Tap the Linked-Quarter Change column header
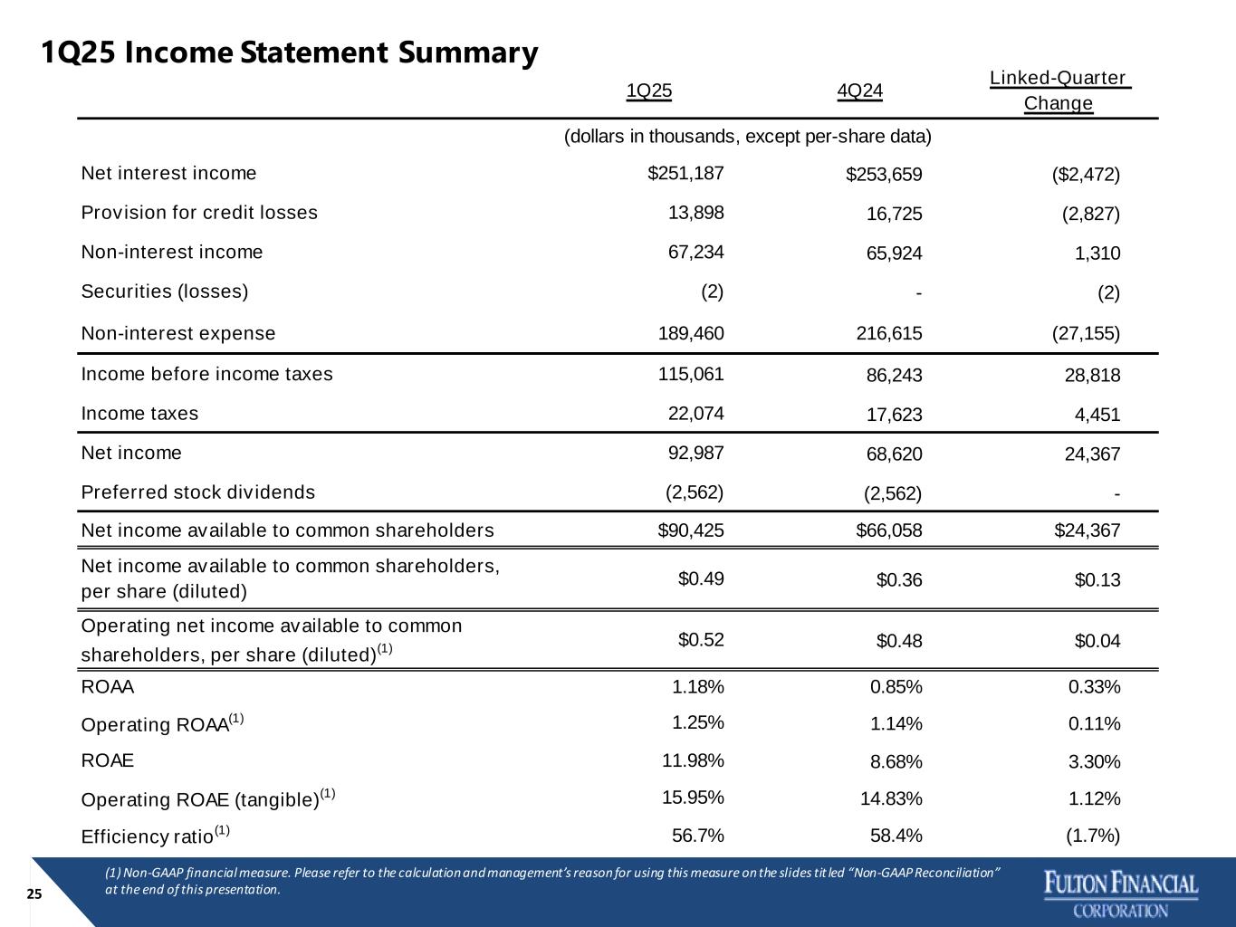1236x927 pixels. click(x=1059, y=91)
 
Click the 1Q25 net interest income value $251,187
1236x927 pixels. click(x=685, y=173)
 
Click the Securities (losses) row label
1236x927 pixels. click(x=165, y=291)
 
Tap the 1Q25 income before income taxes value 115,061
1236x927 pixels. click(x=691, y=373)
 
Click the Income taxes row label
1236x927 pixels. click(x=139, y=414)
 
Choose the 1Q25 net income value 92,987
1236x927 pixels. click(x=695, y=453)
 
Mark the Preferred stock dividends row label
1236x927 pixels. click(x=198, y=492)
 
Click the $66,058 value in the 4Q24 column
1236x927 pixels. click(x=889, y=530)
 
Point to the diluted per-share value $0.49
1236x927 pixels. click(x=701, y=578)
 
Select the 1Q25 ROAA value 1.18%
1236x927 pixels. click(x=698, y=686)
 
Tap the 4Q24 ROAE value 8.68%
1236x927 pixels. click(x=896, y=762)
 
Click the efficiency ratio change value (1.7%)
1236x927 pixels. click(x=1093, y=835)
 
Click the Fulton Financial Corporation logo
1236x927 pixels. click(x=1121, y=894)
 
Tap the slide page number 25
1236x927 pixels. click(x=34, y=894)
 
